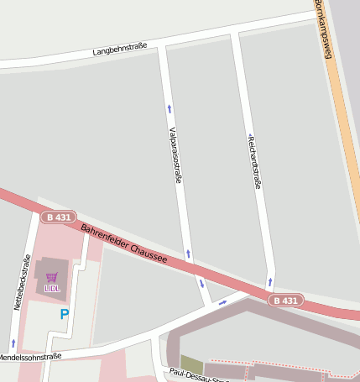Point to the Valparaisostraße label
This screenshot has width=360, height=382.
tap(175, 154)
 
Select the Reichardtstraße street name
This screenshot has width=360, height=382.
tap(253, 160)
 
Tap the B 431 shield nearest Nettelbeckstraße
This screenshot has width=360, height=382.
tap(58, 217)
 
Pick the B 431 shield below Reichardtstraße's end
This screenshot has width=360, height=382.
tap(285, 301)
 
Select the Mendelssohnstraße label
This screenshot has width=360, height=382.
tap(29, 357)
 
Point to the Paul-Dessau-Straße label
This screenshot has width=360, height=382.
tap(200, 375)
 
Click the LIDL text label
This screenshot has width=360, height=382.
tap(52, 289)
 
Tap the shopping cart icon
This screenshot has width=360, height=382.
tap(52, 278)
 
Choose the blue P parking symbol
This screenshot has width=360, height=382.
tap(65, 315)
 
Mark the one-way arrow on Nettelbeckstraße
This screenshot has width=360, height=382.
tap(13, 343)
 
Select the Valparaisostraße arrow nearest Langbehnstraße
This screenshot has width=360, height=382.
tap(170, 108)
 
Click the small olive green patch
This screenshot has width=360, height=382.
tap(191, 364)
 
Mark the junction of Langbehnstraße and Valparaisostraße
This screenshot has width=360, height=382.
tap(162, 44)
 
